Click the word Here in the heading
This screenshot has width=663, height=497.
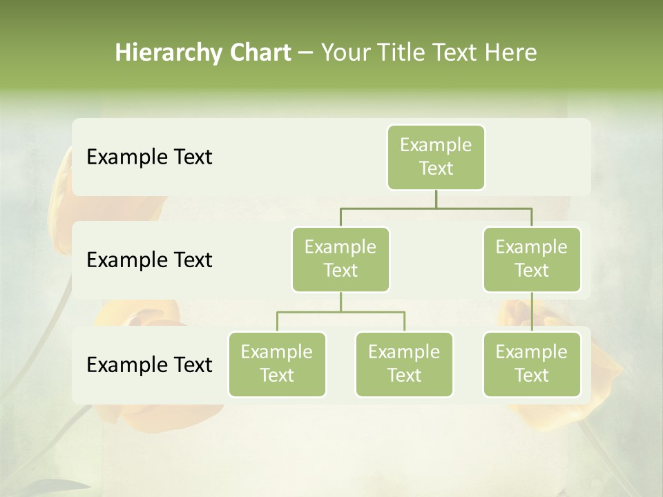[511, 52]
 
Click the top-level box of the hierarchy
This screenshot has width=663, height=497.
[436, 157]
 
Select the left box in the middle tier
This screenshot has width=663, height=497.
[340, 259]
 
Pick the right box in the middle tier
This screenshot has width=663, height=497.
[532, 259]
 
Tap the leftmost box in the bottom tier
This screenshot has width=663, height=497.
[277, 364]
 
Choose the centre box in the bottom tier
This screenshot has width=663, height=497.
[404, 364]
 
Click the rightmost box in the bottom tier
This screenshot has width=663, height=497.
[532, 364]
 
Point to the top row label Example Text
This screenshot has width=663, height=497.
[149, 157]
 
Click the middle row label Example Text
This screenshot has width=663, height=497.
[149, 260]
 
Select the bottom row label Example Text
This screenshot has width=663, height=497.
[149, 364]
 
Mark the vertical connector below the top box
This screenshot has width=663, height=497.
[436, 199]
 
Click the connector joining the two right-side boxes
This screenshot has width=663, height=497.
[532, 312]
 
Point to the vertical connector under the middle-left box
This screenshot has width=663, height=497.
[340, 302]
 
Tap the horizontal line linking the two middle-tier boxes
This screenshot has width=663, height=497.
[436, 208]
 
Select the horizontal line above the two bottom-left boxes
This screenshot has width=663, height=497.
[340, 312]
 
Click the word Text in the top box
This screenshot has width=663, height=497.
[436, 168]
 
